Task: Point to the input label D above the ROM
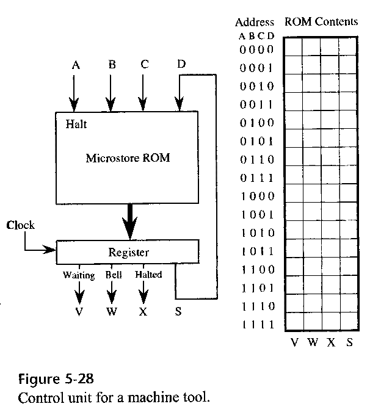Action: click(x=181, y=64)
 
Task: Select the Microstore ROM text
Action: click(x=128, y=158)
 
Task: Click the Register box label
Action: click(x=128, y=251)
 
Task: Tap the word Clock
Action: click(x=20, y=225)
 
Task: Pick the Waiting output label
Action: click(x=79, y=275)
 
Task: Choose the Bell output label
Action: click(x=114, y=275)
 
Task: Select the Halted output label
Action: click(x=148, y=275)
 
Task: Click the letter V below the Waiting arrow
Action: click(x=79, y=312)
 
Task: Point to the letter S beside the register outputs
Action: click(x=178, y=312)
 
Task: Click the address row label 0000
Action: click(x=256, y=49)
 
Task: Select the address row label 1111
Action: click(x=256, y=324)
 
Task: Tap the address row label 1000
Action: click(x=256, y=196)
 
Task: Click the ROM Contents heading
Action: click(x=321, y=22)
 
